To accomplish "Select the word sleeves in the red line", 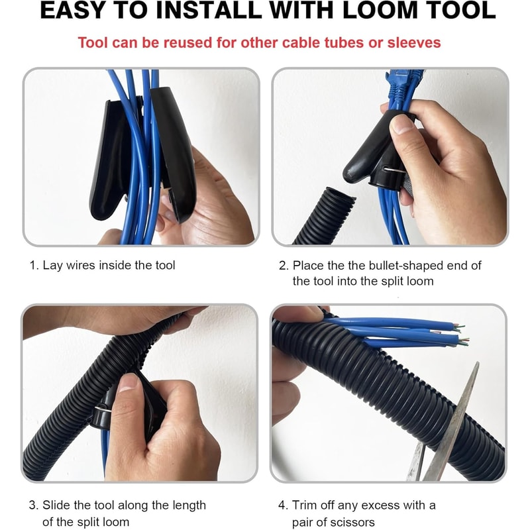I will [x=413, y=43].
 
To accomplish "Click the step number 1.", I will [x=32, y=266].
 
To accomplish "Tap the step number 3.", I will [x=32, y=505].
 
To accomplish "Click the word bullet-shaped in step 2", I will [x=392, y=266].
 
